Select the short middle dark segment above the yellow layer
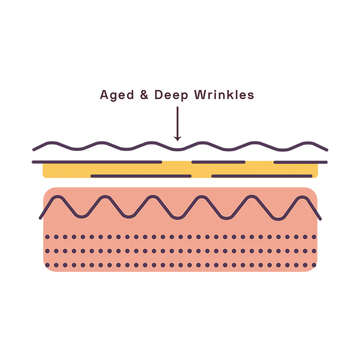(x=218, y=160)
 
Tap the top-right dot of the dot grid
(x=315, y=237)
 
